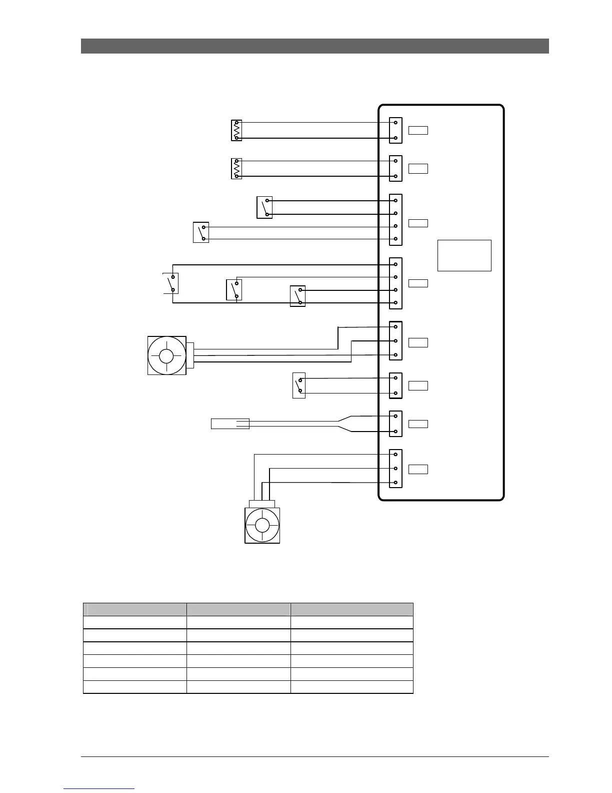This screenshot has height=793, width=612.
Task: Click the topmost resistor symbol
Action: tap(236, 130)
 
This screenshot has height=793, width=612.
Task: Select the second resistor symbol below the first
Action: tap(236, 169)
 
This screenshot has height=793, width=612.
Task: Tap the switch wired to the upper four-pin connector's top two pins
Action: tap(264, 207)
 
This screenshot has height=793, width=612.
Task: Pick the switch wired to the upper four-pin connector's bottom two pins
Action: tap(201, 232)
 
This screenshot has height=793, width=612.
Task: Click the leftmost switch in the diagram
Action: tap(171, 283)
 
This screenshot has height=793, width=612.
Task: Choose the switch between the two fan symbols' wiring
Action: tap(298, 385)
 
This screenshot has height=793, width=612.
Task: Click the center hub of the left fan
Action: tap(166, 356)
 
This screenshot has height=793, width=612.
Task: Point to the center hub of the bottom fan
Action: tap(262, 525)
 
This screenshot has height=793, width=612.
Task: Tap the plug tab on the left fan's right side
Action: tap(190, 355)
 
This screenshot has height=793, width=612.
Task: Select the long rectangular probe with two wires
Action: tap(230, 424)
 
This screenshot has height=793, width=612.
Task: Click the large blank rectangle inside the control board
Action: tap(464, 255)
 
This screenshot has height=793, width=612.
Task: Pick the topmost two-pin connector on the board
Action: tap(395, 130)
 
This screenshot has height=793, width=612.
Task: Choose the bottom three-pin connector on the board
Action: tap(395, 469)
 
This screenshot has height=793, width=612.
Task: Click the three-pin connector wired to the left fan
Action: tap(395, 340)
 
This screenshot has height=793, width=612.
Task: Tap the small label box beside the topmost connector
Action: tap(418, 131)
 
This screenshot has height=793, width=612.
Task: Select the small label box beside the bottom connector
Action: tap(418, 469)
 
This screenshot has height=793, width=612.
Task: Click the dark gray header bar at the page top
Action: tap(314, 46)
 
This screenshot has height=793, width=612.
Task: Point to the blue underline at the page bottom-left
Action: tap(99, 789)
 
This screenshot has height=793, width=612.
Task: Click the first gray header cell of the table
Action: tap(134, 609)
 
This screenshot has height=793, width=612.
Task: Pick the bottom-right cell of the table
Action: tap(351, 687)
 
